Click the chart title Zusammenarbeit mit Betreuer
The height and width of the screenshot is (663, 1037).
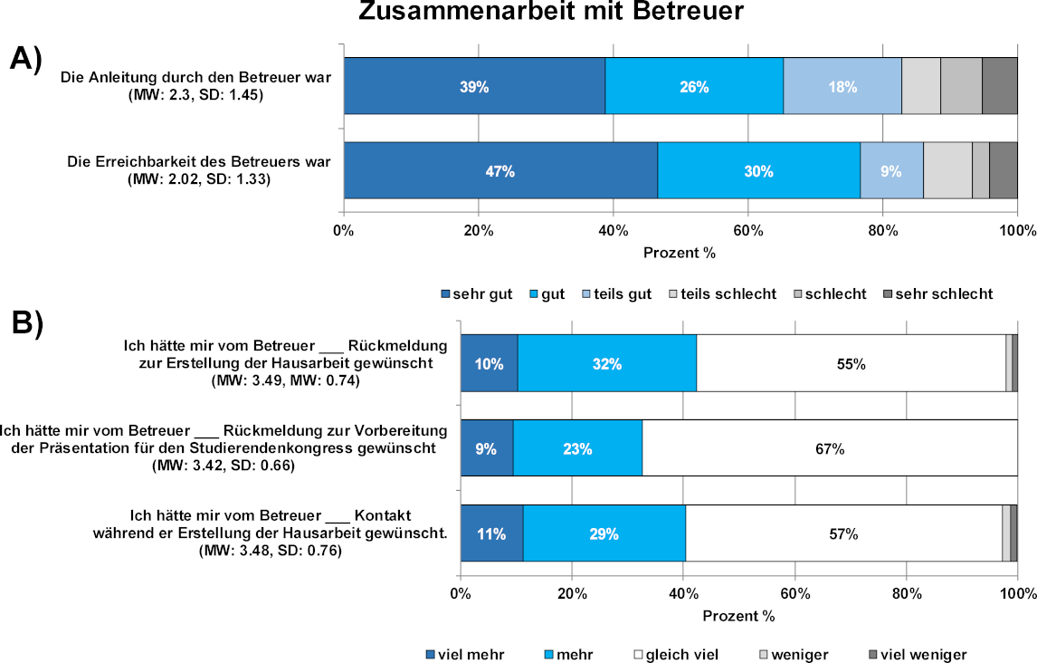tap(551, 13)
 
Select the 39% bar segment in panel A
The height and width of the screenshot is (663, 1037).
tap(474, 86)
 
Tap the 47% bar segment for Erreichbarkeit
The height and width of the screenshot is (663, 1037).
tap(499, 170)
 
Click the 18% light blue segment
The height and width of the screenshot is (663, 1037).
tap(842, 86)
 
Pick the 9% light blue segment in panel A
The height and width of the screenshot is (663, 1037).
tap(891, 170)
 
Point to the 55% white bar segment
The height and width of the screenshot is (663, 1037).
tap(851, 364)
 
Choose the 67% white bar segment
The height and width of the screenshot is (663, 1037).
tap(830, 448)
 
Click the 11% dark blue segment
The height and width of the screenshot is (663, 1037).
tap(491, 533)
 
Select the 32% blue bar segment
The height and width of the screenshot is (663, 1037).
tap(606, 364)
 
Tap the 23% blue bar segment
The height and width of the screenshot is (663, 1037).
tap(577, 448)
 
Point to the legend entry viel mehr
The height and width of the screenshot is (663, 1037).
tap(464, 654)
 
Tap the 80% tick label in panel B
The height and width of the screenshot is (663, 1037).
tap(906, 594)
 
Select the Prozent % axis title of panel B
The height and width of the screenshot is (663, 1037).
tap(738, 616)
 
